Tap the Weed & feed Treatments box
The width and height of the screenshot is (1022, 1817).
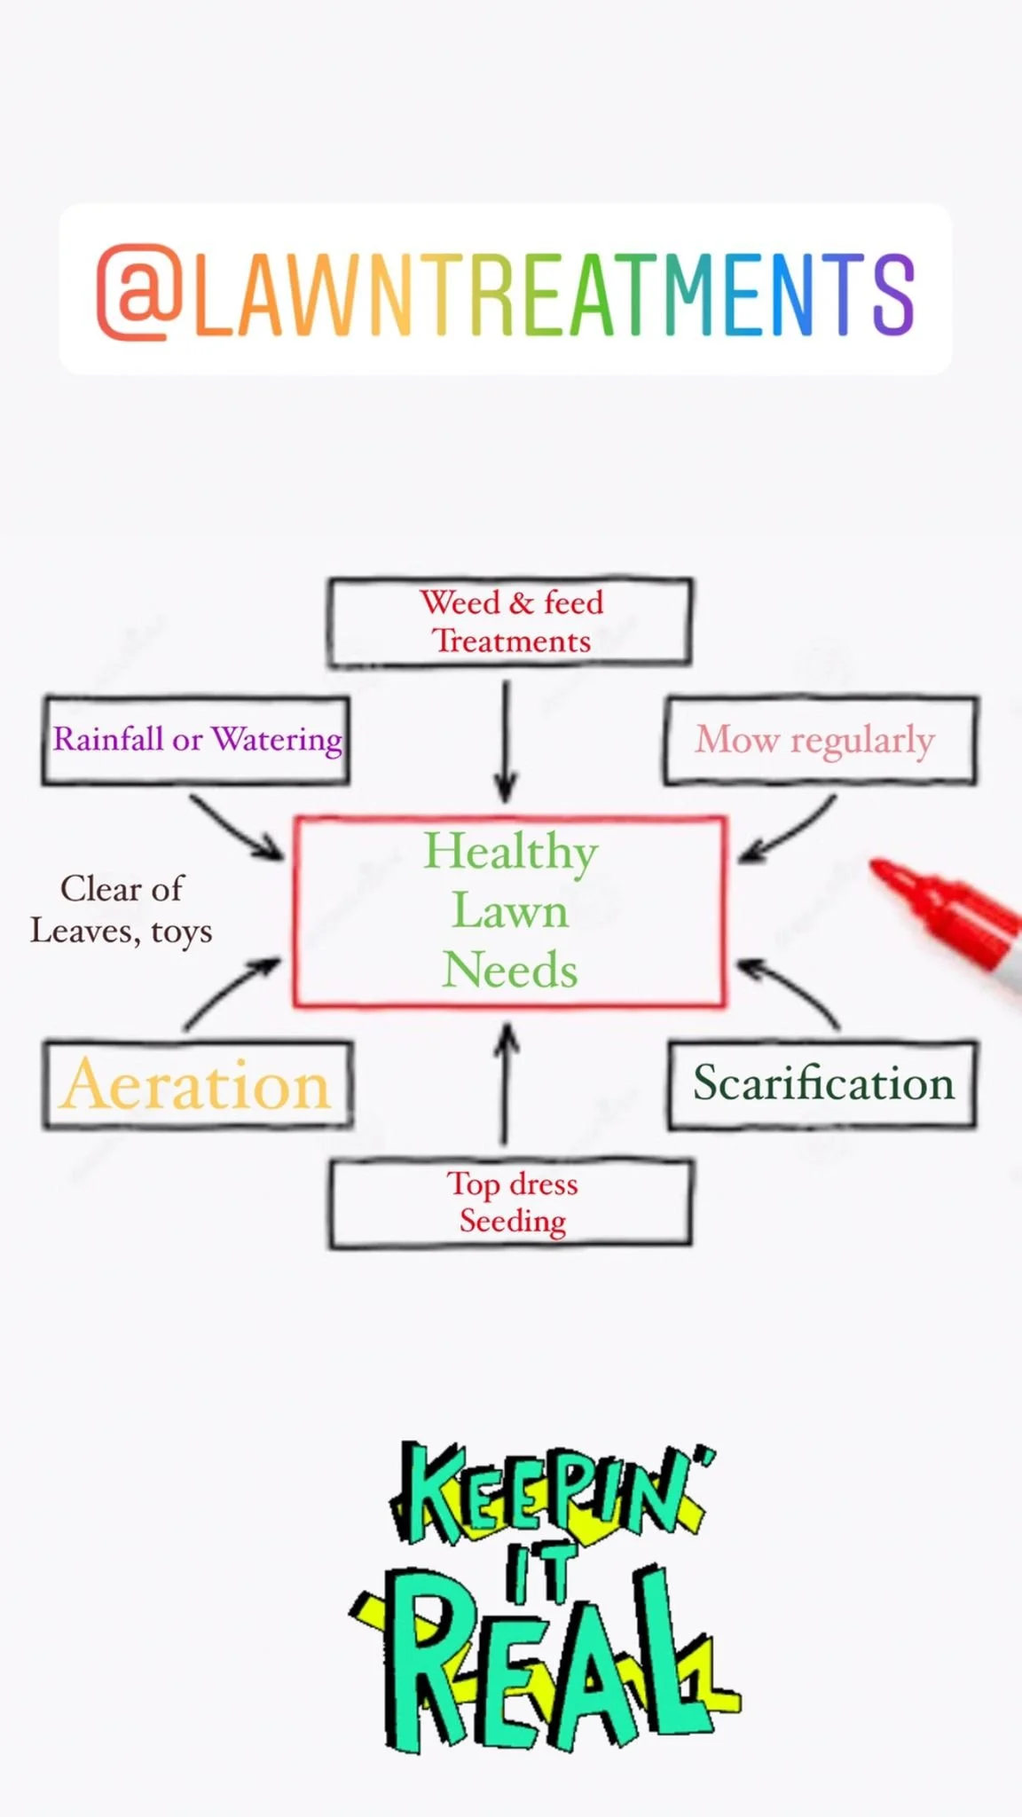(x=510, y=622)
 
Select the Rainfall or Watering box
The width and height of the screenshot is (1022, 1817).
(x=196, y=740)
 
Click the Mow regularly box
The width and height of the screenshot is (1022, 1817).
(x=820, y=740)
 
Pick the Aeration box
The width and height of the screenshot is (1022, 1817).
(x=197, y=1085)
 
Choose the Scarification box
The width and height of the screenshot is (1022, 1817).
(x=822, y=1084)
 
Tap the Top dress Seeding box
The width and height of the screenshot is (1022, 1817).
(x=511, y=1203)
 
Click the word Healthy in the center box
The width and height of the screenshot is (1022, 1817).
(x=510, y=852)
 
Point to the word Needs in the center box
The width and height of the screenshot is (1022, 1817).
(x=510, y=970)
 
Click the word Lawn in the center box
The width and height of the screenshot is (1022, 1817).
(x=510, y=911)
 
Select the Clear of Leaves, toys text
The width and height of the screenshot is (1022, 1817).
(x=122, y=909)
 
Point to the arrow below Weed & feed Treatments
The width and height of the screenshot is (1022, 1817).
(x=506, y=742)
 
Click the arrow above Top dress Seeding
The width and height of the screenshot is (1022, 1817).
(x=506, y=1082)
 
